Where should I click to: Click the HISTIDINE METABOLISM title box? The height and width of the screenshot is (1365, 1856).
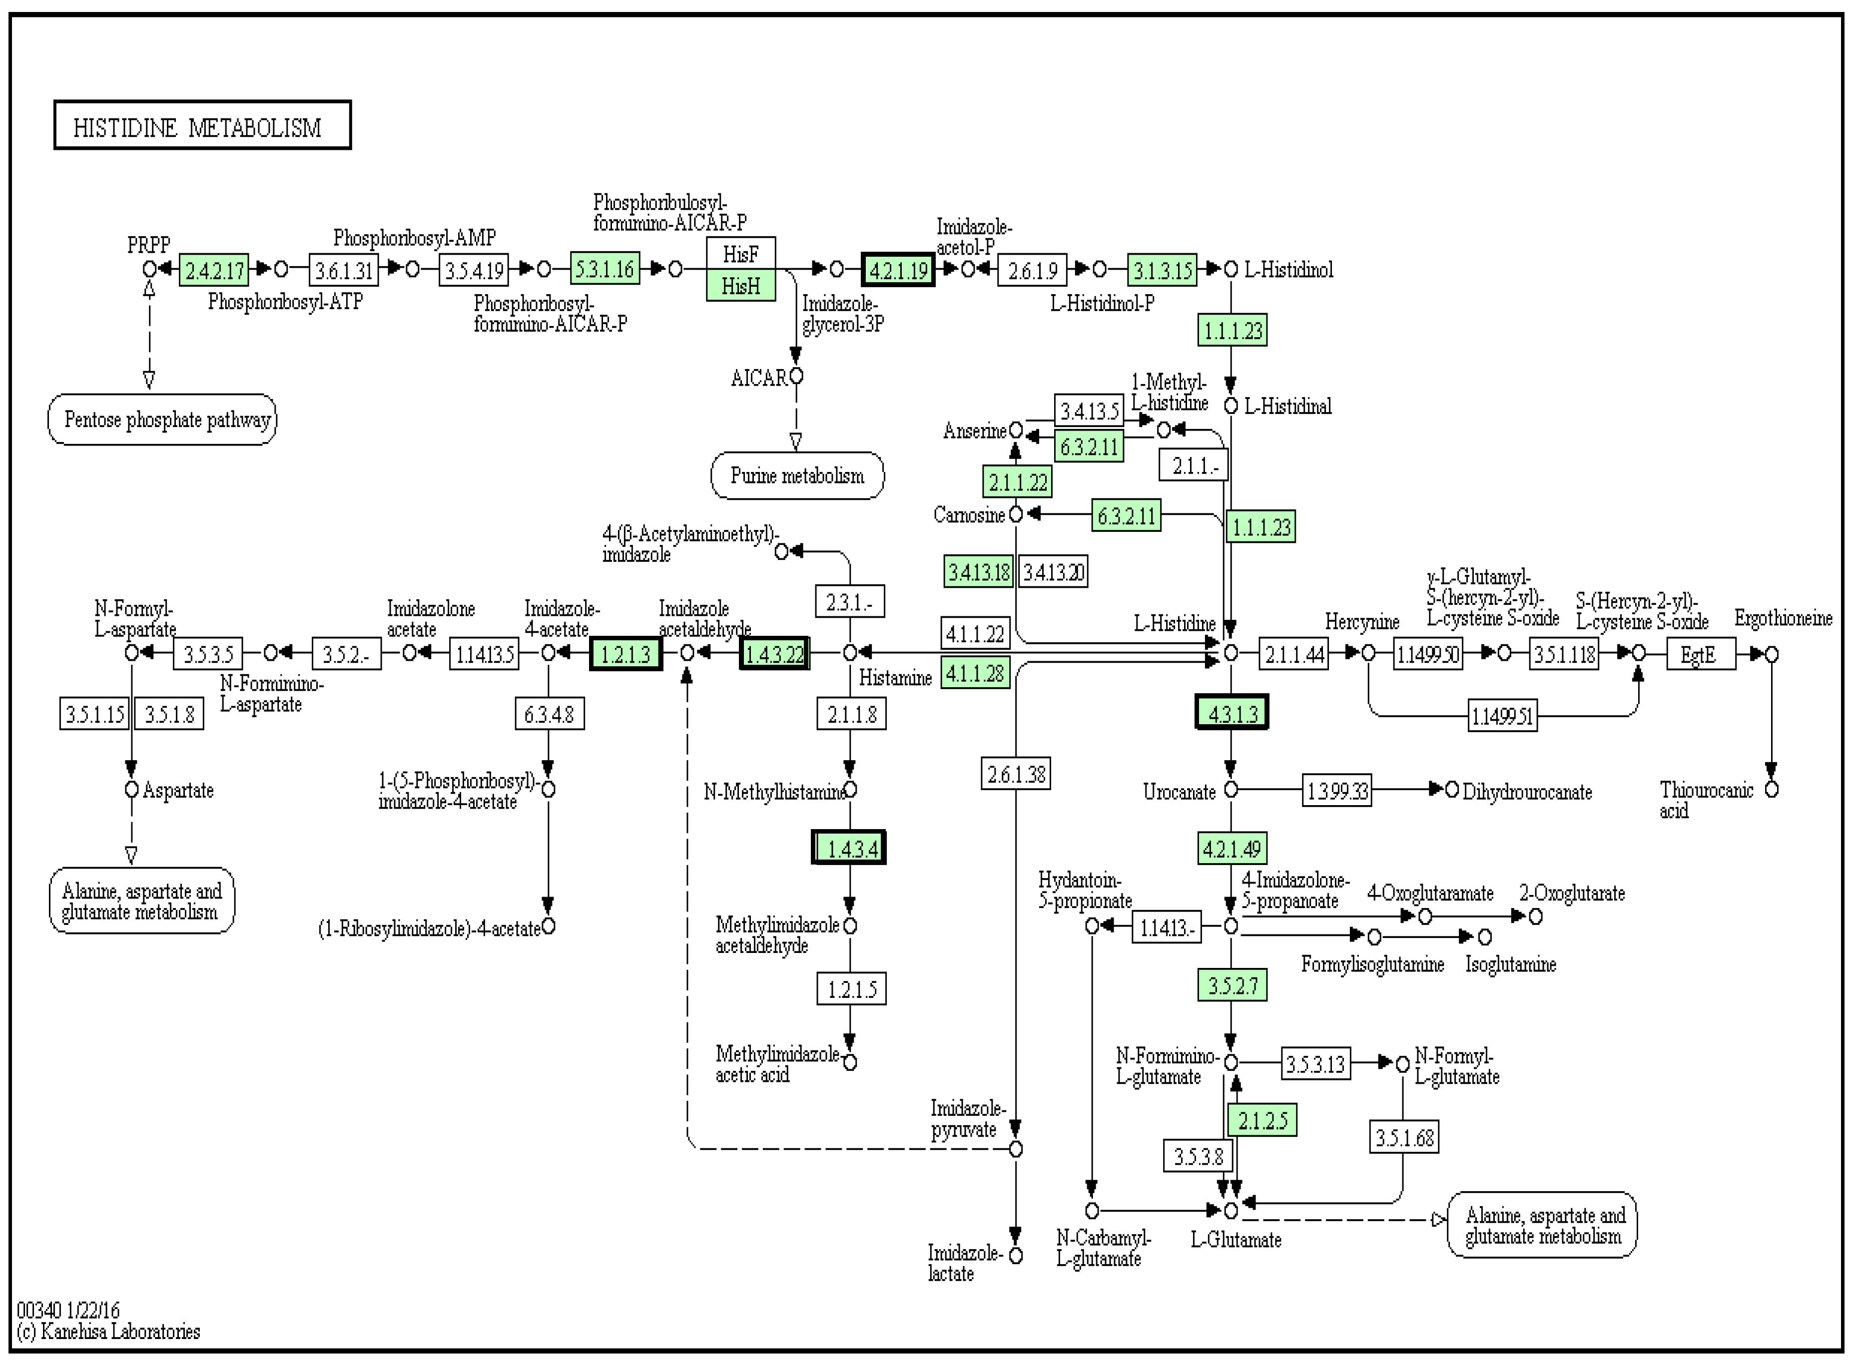(x=202, y=125)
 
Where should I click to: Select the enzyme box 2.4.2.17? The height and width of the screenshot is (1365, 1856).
(x=214, y=269)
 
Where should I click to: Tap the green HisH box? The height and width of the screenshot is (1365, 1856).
(x=740, y=285)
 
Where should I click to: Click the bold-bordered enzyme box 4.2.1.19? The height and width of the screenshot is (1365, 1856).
(x=898, y=269)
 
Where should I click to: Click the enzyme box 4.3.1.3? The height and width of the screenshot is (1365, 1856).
(x=1232, y=712)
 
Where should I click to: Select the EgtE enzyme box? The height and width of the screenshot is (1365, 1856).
(x=1701, y=654)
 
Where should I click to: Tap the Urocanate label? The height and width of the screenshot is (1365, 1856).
(x=1179, y=792)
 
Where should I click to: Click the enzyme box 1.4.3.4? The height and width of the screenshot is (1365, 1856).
(x=849, y=848)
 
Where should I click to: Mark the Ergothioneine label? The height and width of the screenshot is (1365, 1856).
(x=1783, y=618)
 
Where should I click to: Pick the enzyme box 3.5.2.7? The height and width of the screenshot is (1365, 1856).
(x=1232, y=985)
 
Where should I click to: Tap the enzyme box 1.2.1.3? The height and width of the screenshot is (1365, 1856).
(x=625, y=654)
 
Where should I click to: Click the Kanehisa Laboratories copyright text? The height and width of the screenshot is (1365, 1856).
(x=108, y=1331)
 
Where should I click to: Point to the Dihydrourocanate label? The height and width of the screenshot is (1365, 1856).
(x=1527, y=792)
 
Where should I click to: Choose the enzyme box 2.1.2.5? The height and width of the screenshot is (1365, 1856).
(x=1262, y=1120)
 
